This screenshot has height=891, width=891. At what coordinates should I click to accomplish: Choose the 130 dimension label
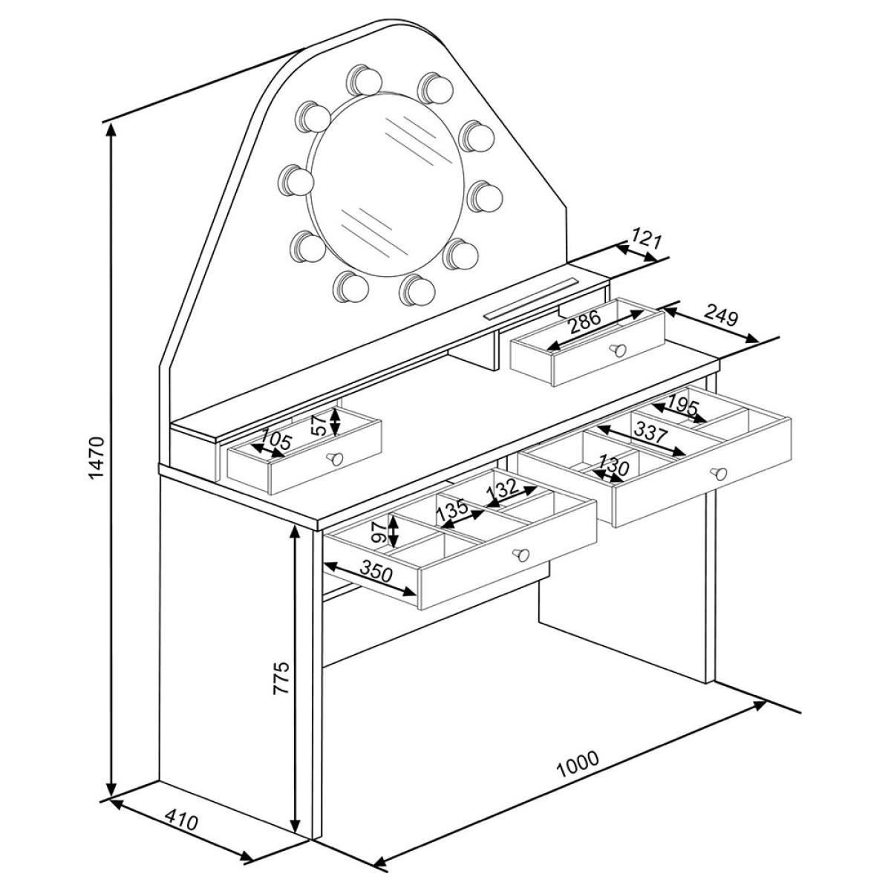pos(613,466)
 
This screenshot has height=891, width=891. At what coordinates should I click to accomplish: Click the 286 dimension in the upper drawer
pos(584,322)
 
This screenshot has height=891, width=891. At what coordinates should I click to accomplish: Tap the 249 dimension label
pos(720,316)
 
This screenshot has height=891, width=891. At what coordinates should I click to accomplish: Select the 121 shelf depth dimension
pos(647,241)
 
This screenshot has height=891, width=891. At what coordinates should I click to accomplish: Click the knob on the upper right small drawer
pos(618,350)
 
